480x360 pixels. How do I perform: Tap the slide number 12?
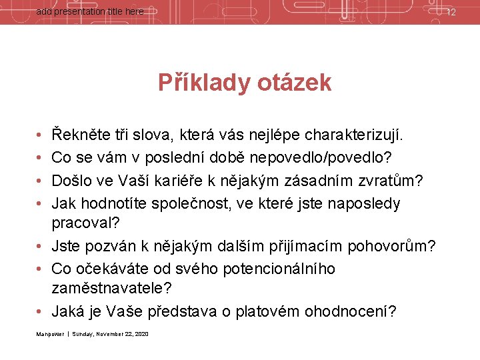click(x=451, y=12)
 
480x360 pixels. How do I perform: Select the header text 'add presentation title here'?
click(x=89, y=12)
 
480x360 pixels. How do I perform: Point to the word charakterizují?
click(x=354, y=137)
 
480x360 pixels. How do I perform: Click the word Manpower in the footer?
click(x=50, y=334)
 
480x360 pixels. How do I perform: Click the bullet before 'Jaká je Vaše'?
click(x=41, y=312)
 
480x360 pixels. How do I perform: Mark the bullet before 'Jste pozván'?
click(x=41, y=247)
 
